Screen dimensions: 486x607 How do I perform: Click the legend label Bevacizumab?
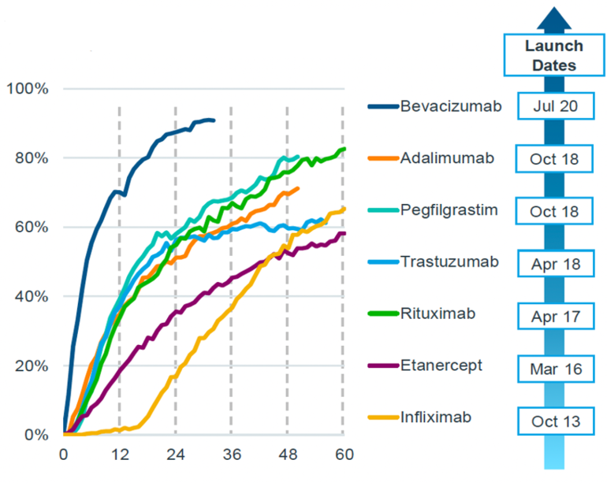point(450,106)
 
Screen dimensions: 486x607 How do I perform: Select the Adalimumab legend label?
point(447,158)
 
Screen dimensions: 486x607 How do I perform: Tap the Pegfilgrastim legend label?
point(449,210)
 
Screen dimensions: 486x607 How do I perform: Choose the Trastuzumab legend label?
point(449,262)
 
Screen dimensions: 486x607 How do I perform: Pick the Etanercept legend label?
point(441,365)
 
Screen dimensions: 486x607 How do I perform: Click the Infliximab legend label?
point(436,417)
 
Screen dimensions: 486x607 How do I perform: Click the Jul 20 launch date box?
point(554,106)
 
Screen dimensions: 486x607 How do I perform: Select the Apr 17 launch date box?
point(554,317)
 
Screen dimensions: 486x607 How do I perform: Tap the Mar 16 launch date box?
point(554,369)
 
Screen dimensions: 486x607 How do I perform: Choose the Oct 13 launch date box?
point(554,421)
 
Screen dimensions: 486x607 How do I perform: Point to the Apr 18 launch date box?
point(554,264)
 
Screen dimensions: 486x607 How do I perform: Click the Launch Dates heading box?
point(554,56)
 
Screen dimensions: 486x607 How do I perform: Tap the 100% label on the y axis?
point(27,88)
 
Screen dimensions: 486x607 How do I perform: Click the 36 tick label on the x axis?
point(231,454)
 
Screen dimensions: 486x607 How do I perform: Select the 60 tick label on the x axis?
point(343,454)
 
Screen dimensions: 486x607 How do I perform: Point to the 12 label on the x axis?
point(119,454)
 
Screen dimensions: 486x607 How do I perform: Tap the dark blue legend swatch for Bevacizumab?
point(382,106)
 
